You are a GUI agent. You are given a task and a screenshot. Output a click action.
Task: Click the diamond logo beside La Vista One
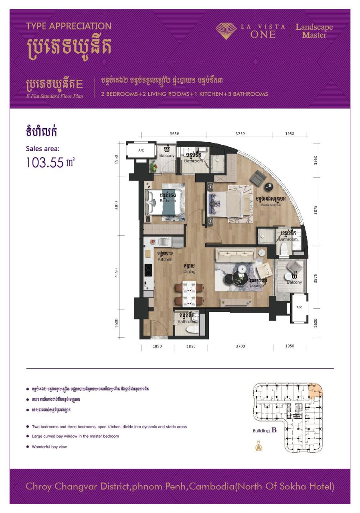click(226, 31)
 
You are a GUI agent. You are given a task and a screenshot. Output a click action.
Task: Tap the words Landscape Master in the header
click(314, 31)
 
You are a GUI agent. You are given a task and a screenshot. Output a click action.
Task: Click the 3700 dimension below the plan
click(240, 346)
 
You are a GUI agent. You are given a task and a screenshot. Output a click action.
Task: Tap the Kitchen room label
click(165, 259)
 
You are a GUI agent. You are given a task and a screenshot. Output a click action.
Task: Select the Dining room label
click(189, 271)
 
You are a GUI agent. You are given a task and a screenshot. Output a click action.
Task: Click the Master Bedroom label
click(271, 205)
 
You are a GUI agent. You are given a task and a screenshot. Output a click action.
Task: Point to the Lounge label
click(257, 285)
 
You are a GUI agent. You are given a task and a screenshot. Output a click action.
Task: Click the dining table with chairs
click(188, 295)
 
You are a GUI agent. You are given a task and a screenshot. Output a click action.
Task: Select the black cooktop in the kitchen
click(148, 270)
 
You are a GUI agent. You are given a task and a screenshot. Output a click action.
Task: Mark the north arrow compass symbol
click(259, 446)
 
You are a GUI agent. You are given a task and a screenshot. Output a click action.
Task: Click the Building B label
click(265, 431)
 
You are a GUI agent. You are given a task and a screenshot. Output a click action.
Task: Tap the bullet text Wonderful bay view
click(49, 446)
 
